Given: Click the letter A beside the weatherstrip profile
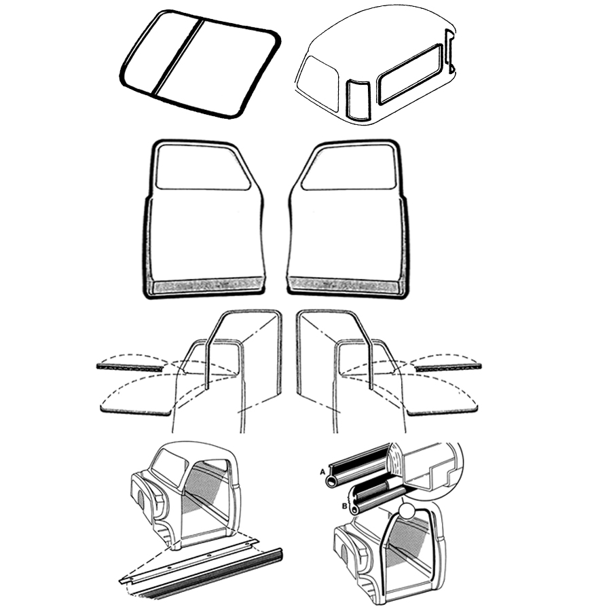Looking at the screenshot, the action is (x=322, y=472).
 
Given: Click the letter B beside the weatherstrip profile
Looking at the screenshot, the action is (x=344, y=506).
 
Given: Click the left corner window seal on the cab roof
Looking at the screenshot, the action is (x=358, y=100).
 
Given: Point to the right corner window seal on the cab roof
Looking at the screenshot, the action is (x=449, y=52).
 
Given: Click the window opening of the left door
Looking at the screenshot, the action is (x=202, y=167).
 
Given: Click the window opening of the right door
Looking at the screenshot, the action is (x=349, y=167).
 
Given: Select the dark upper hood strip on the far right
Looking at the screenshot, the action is (x=448, y=367).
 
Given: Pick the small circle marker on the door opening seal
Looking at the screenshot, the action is (x=407, y=511).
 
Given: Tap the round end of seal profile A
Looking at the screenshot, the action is (x=331, y=482).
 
